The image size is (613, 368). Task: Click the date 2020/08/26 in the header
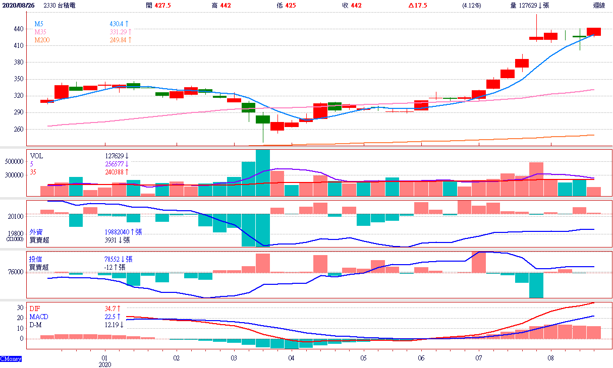[x=18, y=5]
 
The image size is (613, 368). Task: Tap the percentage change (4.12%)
[x=471, y=5]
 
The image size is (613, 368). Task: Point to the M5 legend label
[x=39, y=24]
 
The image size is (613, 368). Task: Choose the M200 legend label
[x=42, y=40]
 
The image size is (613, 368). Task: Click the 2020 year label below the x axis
[x=104, y=364]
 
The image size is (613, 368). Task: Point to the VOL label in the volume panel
[x=36, y=156]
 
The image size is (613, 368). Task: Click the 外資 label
[x=36, y=232]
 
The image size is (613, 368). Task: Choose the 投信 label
[x=36, y=259]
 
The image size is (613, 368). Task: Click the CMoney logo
[x=11, y=359]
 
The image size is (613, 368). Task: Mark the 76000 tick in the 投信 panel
[x=15, y=272]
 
